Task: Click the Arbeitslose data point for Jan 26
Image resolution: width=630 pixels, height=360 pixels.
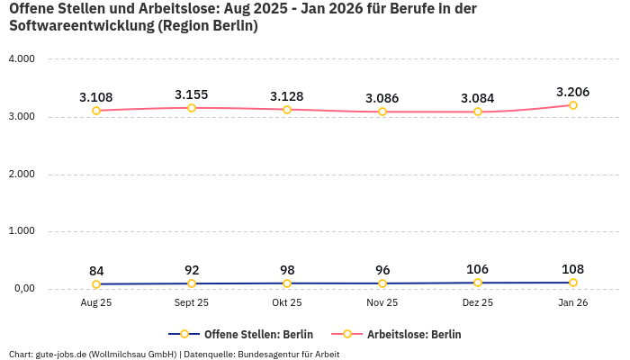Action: pos(573,105)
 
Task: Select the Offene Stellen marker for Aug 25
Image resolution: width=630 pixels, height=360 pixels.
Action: pos(96,284)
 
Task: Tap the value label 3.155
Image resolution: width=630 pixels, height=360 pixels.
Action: pos(192,94)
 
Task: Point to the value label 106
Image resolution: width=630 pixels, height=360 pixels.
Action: pos(478,270)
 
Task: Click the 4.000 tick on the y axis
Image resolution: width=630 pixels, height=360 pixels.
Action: pos(21,59)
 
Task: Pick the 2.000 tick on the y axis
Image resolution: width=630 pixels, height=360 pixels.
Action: pos(21,174)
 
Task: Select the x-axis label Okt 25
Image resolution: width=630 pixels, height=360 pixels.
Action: pos(287,303)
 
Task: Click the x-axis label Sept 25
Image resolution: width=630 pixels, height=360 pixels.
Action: pos(192,303)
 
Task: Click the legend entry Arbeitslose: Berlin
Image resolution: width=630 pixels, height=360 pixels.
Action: pos(413,334)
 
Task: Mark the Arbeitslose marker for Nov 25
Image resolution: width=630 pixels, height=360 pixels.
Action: pos(382,112)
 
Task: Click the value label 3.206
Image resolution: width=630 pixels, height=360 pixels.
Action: pos(573,92)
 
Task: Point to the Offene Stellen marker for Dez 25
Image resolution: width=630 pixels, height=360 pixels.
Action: pos(478,283)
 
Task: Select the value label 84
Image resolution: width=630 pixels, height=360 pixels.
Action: pos(96,271)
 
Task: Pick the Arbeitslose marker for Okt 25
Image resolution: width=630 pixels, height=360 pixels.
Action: pos(287,110)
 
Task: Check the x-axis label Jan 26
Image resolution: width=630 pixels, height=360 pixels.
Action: pos(573,303)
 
